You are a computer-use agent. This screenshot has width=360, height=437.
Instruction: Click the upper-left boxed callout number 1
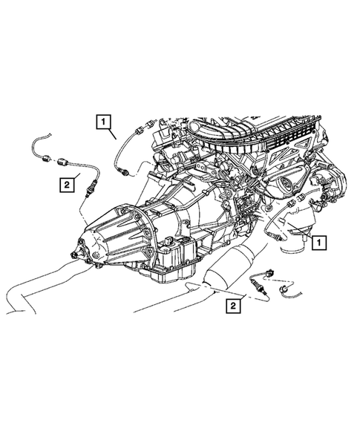102,119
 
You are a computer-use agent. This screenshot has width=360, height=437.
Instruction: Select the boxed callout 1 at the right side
318,241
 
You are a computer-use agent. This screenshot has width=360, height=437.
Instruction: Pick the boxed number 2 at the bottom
233,305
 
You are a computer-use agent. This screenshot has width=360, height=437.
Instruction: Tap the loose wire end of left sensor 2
37,139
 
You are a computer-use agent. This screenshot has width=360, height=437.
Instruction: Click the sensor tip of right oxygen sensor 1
276,236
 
